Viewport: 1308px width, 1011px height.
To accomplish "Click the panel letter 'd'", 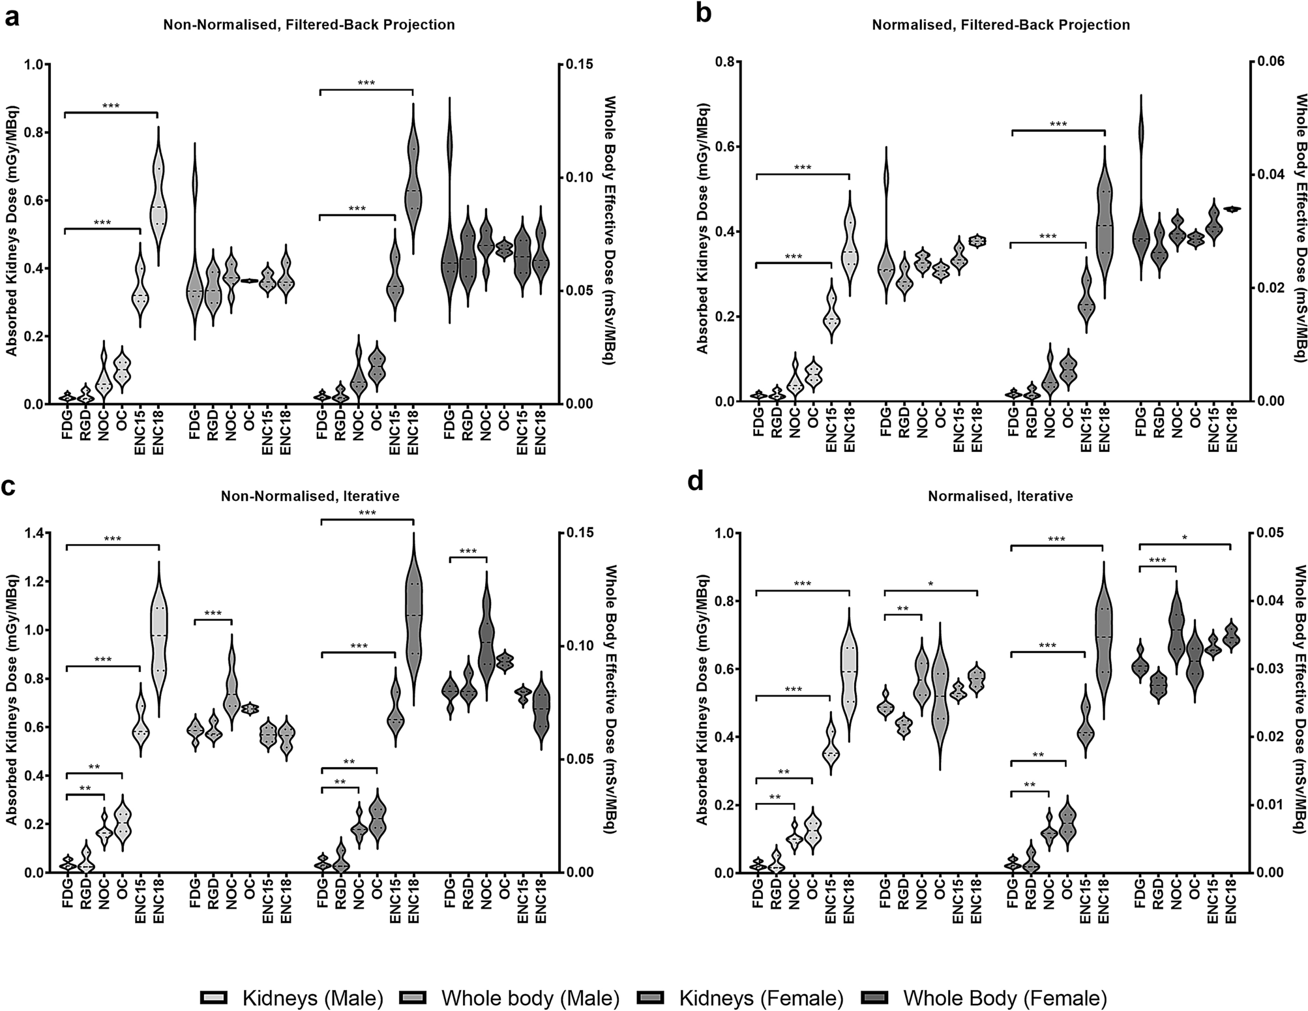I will [x=697, y=483].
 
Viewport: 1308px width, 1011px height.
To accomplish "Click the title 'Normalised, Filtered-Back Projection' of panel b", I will [x=1000, y=25].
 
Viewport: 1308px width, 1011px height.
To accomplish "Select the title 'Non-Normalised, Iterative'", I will [x=310, y=496].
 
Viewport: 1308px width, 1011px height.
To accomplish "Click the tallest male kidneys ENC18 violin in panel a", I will [x=158, y=196].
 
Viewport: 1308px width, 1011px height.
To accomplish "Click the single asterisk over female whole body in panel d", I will [x=1184, y=538].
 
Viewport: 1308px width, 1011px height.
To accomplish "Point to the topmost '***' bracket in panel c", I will [x=366, y=513].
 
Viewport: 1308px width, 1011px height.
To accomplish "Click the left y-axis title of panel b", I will [x=702, y=232].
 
